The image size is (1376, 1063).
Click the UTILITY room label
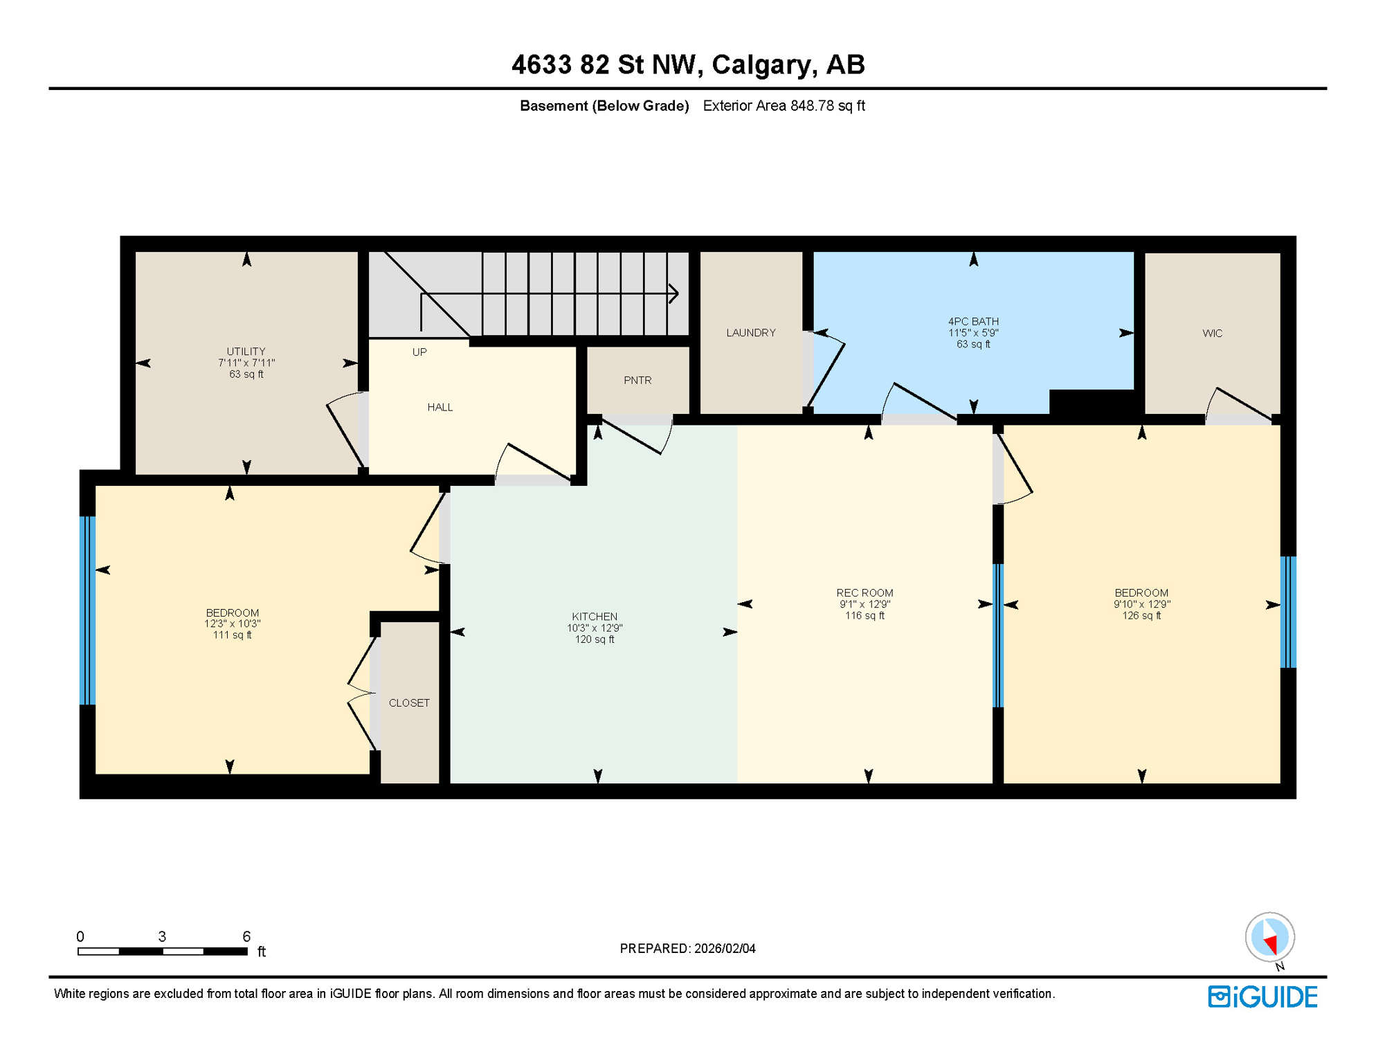click(x=246, y=352)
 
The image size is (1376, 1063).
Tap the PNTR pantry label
click(x=637, y=381)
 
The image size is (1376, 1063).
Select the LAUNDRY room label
click(x=751, y=333)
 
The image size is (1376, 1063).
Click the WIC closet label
click(x=1212, y=334)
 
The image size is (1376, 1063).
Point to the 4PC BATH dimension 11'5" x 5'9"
click(x=973, y=333)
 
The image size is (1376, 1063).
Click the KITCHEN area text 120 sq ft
click(x=595, y=639)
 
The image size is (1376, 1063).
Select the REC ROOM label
click(x=864, y=593)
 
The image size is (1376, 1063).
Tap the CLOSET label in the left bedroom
click(x=409, y=703)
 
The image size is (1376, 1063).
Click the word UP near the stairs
click(x=419, y=352)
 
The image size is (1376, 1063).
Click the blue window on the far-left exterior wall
click(x=87, y=610)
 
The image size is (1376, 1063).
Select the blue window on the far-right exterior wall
click(x=1288, y=612)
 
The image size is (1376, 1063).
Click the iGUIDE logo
click(x=1262, y=997)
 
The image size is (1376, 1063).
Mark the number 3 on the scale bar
click(x=162, y=936)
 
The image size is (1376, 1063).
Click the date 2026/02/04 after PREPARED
click(x=725, y=949)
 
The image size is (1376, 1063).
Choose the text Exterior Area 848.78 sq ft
click(x=784, y=106)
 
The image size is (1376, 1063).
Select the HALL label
click(x=440, y=408)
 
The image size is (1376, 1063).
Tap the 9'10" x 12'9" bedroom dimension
click(x=1141, y=604)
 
